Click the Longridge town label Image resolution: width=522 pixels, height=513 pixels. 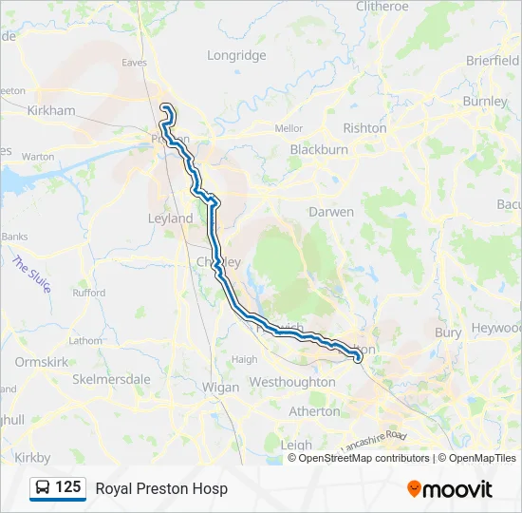(236, 55)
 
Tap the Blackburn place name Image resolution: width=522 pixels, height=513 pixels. (319, 149)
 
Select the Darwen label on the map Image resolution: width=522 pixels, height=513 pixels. (331, 212)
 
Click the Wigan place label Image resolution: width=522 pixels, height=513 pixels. (220, 388)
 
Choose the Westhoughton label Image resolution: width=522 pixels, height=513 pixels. (291, 382)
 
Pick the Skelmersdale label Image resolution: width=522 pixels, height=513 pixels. (111, 379)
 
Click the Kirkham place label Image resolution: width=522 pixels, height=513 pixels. (51, 110)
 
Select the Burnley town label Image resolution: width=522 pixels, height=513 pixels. (486, 101)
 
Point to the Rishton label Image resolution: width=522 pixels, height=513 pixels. (365, 127)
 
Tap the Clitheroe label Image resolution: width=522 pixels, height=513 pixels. (381, 6)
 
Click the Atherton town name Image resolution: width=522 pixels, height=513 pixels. (315, 411)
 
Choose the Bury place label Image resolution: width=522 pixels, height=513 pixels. (448, 332)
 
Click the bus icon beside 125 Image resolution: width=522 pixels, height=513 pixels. (43, 488)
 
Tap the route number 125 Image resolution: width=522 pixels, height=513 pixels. (67, 487)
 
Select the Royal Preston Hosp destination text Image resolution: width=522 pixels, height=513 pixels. (161, 488)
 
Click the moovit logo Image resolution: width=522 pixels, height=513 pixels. (450, 488)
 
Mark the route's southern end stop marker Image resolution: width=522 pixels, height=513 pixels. (358, 357)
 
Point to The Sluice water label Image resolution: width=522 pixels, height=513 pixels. (30, 275)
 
